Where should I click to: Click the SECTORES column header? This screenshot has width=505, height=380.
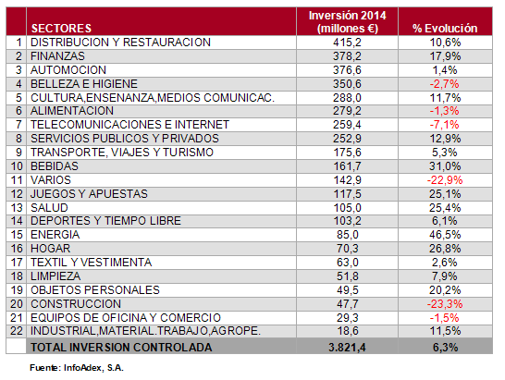[x=61, y=29]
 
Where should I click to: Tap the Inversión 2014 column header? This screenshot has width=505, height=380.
[x=347, y=22]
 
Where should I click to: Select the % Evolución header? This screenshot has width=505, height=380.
[x=445, y=29]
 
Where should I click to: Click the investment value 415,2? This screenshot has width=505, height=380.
[x=347, y=43]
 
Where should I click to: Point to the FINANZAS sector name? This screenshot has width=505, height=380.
[x=57, y=56]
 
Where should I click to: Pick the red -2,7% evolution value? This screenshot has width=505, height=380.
[x=445, y=84]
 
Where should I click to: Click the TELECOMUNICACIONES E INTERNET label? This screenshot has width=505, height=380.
[x=129, y=125]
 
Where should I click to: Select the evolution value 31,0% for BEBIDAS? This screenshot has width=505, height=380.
[x=445, y=166]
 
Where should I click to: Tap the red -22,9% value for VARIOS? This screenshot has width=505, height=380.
[x=445, y=180]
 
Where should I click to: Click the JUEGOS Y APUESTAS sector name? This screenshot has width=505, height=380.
[x=89, y=194]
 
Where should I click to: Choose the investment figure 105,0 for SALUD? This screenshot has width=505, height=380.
[x=347, y=208]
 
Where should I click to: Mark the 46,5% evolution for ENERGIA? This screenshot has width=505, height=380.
[x=445, y=235]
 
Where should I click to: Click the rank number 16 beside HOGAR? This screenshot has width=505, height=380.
[x=17, y=249]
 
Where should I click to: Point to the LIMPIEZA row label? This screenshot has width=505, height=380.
[x=55, y=276]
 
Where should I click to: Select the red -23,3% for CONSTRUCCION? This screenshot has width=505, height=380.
[x=445, y=304]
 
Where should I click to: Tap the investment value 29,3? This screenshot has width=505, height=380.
[x=347, y=318]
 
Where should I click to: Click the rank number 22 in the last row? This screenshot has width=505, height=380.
[x=17, y=331]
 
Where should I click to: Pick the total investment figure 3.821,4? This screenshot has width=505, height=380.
[x=347, y=347]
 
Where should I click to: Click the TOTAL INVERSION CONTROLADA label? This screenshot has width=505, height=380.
[x=121, y=347]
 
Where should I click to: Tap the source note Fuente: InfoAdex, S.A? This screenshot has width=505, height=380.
[x=77, y=368]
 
